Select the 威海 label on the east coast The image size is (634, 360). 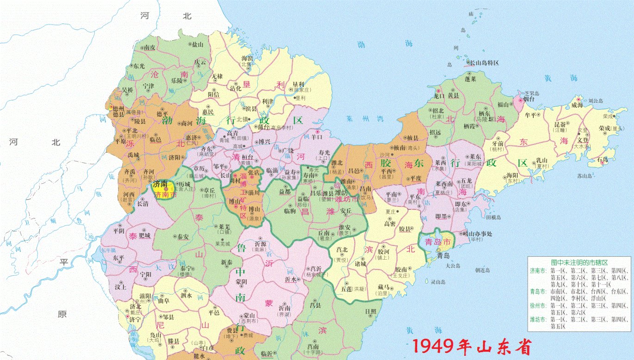(577, 105)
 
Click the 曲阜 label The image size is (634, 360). (164, 300)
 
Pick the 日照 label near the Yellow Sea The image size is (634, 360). (370, 311)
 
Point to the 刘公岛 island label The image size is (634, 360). (596, 100)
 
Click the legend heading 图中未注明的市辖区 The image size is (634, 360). (580, 261)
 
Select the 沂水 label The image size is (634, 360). (291, 279)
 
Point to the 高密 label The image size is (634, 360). (390, 223)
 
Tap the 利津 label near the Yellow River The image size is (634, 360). (267, 101)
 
